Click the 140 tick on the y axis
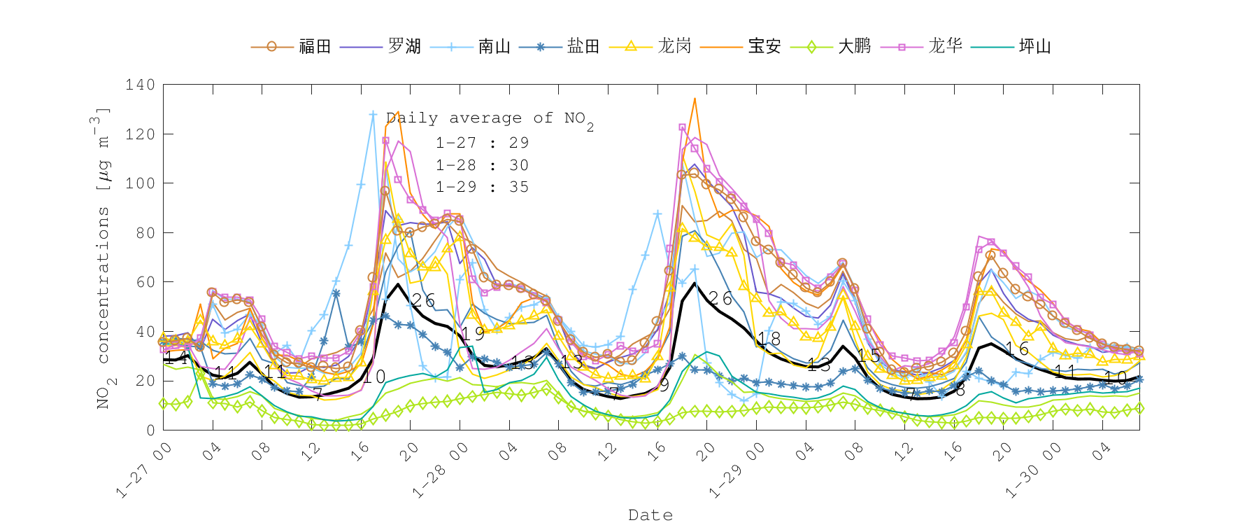click(140, 85)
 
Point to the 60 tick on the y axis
click(145, 282)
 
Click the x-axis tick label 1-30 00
click(1032, 471)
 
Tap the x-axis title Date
click(650, 515)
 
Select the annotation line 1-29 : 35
click(482, 187)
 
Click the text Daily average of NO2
click(490, 118)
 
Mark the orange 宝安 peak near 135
click(695, 99)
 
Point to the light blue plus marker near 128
click(373, 114)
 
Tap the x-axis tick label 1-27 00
click(143, 471)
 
